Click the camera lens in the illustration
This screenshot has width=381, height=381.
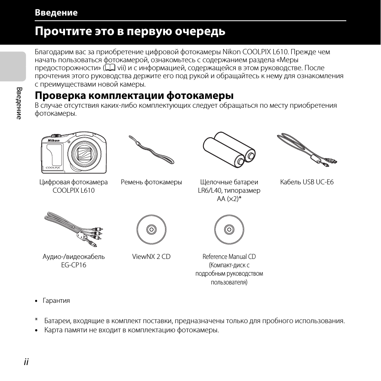click(x=85, y=153)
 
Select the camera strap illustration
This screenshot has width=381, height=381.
click(x=151, y=150)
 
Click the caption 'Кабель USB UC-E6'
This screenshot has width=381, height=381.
click(x=307, y=182)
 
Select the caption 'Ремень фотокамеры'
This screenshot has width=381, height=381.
click(x=151, y=182)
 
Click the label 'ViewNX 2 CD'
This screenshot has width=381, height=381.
click(x=151, y=257)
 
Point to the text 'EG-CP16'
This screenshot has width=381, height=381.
click(x=74, y=265)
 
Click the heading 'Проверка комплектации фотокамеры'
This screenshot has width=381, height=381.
click(x=134, y=96)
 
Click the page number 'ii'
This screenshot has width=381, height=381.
click(x=26, y=361)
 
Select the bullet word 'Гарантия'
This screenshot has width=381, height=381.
click(x=56, y=301)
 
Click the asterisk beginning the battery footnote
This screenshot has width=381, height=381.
click(x=36, y=320)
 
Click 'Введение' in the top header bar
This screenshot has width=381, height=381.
click(x=56, y=12)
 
